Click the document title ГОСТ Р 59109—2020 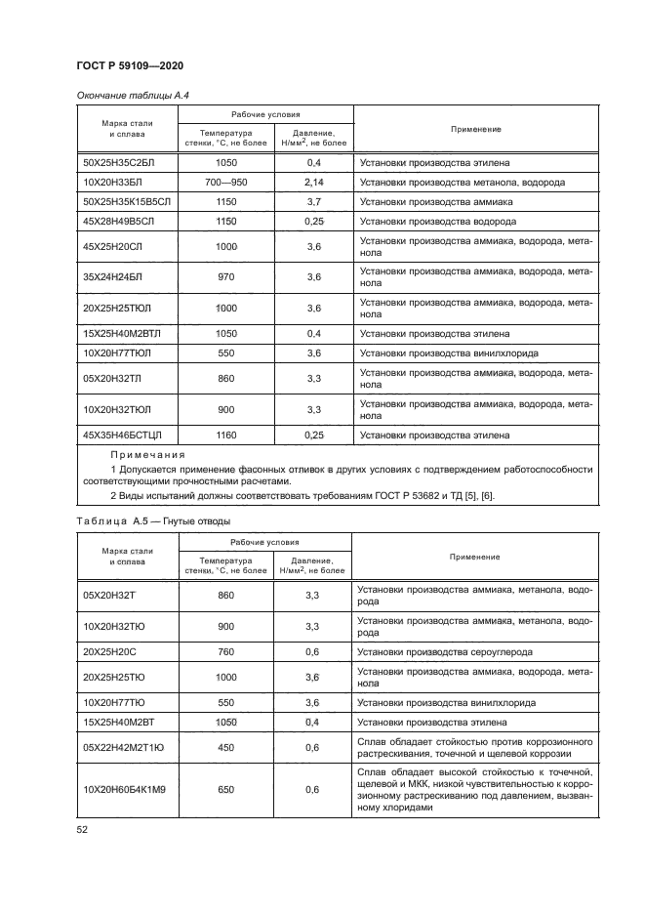[x=130, y=65]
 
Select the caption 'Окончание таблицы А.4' [x=124, y=95]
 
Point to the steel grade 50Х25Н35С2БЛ [x=126, y=163]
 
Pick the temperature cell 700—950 [x=225, y=182]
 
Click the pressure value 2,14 [x=313, y=182]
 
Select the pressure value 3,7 [x=313, y=201]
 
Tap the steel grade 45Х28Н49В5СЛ [x=126, y=221]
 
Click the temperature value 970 [x=225, y=277]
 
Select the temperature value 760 [x=225, y=651]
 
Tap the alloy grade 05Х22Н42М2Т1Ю [x=124, y=748]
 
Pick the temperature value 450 [x=225, y=748]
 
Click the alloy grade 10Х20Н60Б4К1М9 [x=125, y=789]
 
